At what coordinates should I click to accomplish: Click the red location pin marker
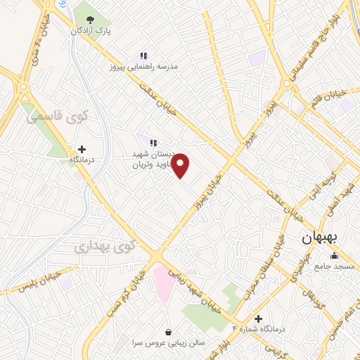click(181, 165)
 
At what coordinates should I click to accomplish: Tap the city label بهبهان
click(320, 238)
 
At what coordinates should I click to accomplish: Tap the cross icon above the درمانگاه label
click(82, 148)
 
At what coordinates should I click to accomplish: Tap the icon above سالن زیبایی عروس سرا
click(169, 331)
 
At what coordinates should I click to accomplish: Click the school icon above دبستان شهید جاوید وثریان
click(153, 143)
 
